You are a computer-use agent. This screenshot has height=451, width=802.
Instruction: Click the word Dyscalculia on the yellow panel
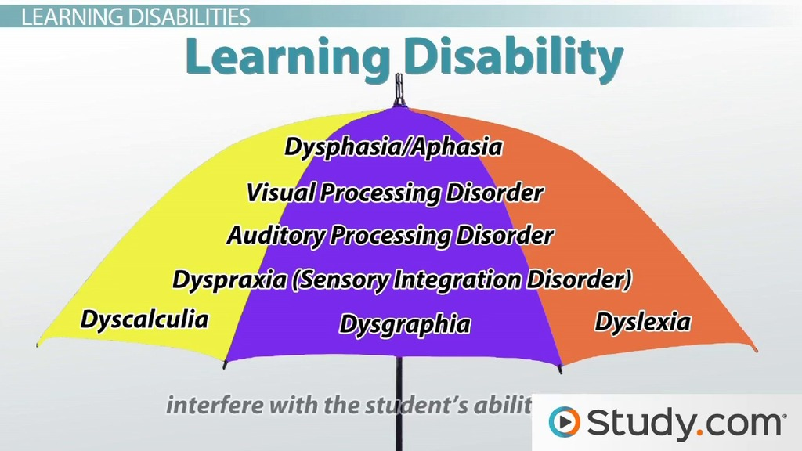pos(145,320)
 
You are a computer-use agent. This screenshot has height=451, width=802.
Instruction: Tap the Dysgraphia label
pos(405,325)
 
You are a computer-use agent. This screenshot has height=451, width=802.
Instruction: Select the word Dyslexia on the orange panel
pos(642,322)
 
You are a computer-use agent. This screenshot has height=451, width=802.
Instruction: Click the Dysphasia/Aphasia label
pos(393,147)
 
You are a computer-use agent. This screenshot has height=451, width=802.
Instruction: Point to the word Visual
pos(280,193)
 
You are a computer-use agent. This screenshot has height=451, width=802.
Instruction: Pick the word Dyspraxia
pos(229,280)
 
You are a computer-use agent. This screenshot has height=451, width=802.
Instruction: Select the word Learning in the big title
pos(287,56)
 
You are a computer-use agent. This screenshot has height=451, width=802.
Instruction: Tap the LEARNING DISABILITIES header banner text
pos(135,17)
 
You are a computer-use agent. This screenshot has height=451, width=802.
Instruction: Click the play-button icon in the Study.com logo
pos(564,422)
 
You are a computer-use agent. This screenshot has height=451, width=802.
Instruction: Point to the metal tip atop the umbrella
pos(399,88)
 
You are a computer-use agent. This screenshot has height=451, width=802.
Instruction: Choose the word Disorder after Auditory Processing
pos(505,236)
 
